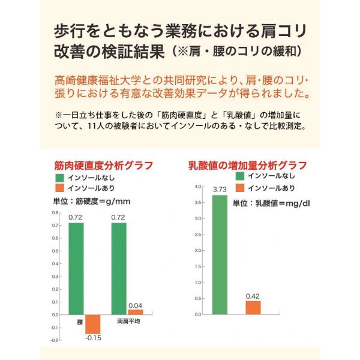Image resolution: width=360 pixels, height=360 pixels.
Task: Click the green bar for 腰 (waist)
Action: [76, 268]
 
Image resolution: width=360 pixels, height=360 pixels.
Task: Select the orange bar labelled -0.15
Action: [93, 324]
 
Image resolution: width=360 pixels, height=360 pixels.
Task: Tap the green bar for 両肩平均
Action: [119, 268]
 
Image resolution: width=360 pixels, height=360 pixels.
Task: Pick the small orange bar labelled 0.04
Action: [136, 311]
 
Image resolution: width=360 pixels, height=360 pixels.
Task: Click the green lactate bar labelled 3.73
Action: [220, 254]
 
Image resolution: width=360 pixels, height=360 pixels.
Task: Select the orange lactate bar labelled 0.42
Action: [253, 307]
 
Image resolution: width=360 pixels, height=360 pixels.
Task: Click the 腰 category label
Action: [80, 322]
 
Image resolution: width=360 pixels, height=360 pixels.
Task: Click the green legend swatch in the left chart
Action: [59, 178]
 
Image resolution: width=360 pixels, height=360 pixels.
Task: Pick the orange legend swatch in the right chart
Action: [241, 187]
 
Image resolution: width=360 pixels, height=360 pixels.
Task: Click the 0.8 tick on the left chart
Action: [55, 213]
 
